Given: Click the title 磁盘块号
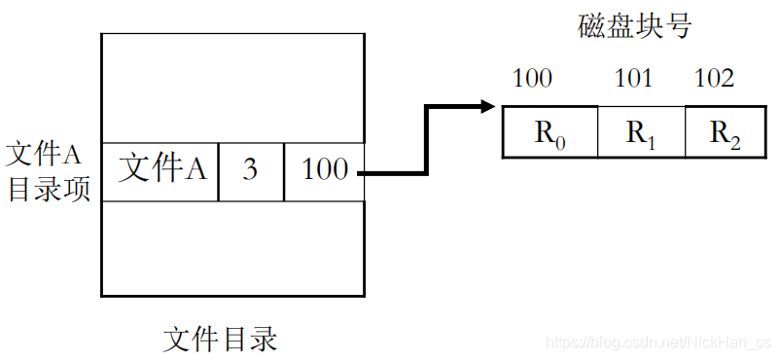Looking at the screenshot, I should coord(633,25).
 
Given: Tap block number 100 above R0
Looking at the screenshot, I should coord(532,78).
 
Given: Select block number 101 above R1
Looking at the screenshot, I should coord(634,78).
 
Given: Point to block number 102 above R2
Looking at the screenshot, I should coord(715,78).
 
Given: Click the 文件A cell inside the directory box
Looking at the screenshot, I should coord(161,170).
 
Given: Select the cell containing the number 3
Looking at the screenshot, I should coord(251,171).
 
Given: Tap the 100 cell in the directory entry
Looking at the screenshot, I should coord(324,170).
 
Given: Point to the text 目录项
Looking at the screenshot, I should coord(49,188).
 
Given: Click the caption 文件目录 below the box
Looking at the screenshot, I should coord(220,339).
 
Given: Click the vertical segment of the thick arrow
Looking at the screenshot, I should coord(425,140).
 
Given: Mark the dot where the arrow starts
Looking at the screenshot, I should coord(361,173).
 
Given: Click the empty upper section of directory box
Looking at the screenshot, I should coord(232,88).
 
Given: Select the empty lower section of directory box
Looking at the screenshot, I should coord(232,248).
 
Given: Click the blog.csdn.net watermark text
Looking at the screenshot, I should coord(657,343).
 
